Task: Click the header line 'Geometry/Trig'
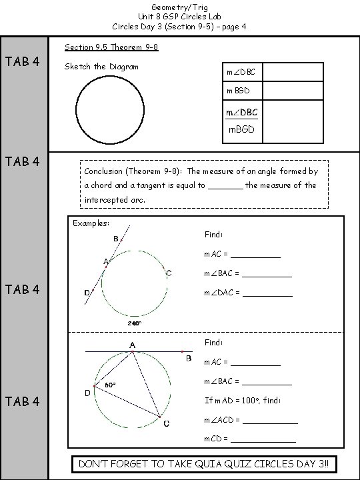pyautogui.click(x=179, y=6)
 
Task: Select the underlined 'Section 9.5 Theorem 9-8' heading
pyautogui.click(x=111, y=48)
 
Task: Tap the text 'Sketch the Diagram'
pyautogui.click(x=101, y=67)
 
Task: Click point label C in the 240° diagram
pyautogui.click(x=169, y=273)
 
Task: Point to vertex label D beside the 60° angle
pyautogui.click(x=88, y=393)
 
